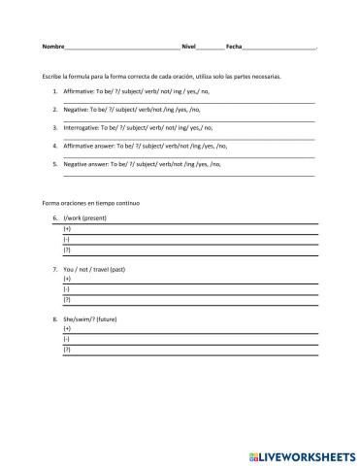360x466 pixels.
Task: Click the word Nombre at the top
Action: point(53,47)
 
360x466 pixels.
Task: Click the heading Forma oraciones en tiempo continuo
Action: point(91,202)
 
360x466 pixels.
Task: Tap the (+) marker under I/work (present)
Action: point(67,229)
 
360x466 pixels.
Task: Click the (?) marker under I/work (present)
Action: point(67,249)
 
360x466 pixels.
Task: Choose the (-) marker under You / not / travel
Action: point(66,288)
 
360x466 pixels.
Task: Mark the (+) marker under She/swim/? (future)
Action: point(67,328)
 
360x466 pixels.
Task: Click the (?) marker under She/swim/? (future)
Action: point(67,348)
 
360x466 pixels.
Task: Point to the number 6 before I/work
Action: point(55,218)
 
